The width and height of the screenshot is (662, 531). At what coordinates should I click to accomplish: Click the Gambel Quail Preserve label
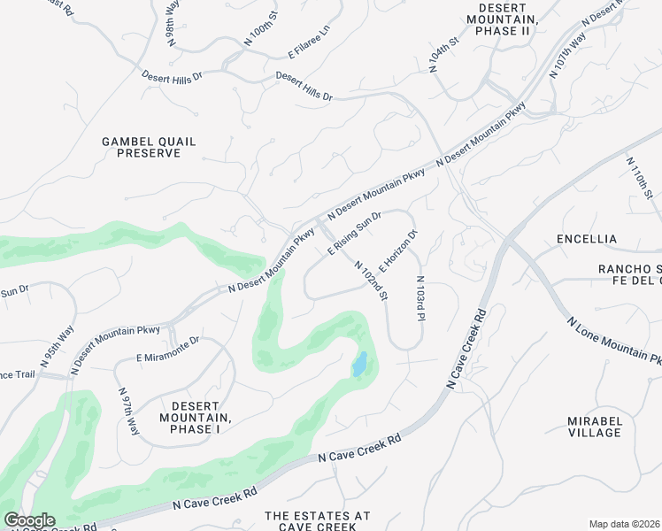click(x=149, y=147)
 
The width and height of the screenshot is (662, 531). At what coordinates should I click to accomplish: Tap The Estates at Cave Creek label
click(x=318, y=520)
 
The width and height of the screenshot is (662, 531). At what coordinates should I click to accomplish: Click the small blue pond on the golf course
click(x=359, y=365)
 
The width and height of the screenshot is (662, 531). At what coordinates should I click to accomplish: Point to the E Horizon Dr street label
click(x=397, y=251)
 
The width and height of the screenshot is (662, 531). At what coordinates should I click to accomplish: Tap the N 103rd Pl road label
click(x=421, y=298)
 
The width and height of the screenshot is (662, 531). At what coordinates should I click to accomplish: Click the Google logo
click(x=29, y=520)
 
